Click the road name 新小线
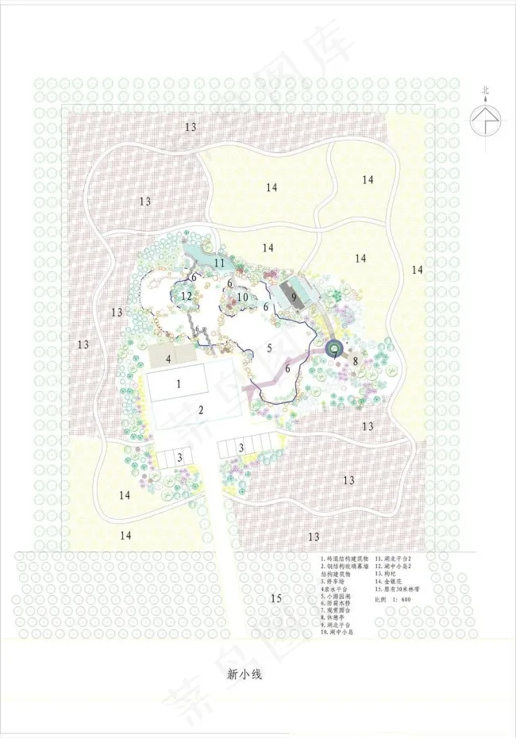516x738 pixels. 244,675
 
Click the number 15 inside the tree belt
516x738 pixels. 275,598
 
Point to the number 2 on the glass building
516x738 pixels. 202,410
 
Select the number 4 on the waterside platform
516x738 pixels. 168,359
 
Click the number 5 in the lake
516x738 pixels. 269,348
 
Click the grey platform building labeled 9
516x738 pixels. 294,298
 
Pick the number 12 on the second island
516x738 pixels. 187,296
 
